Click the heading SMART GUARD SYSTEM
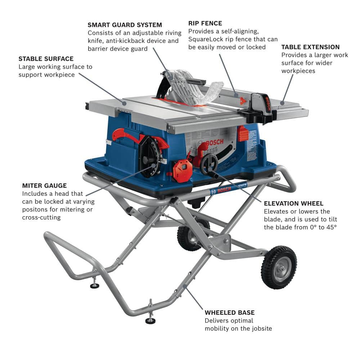[x=125, y=25]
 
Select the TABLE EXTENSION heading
[x=310, y=47]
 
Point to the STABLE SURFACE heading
[x=46, y=59]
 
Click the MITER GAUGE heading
[x=44, y=186]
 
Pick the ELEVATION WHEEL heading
[x=293, y=203]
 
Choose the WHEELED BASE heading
[x=229, y=312]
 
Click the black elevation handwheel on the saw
[x=209, y=164]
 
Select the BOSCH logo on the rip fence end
[x=267, y=104]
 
